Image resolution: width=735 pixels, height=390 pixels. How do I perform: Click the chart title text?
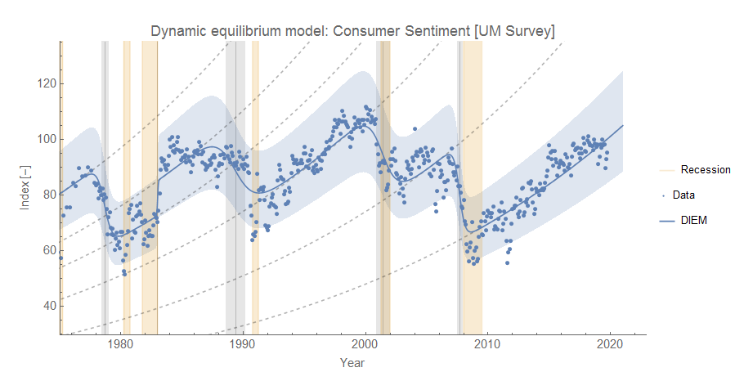pos(352,31)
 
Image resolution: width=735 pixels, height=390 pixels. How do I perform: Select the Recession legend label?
pos(706,169)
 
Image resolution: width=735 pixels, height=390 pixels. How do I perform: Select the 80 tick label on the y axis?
pos(46,195)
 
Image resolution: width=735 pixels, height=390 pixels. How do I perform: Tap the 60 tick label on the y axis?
pos(46,250)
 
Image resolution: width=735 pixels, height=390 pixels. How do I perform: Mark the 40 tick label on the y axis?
pos(46,306)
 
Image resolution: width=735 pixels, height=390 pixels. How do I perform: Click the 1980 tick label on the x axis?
pos(120,344)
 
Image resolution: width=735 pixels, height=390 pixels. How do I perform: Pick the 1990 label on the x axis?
pos(243,344)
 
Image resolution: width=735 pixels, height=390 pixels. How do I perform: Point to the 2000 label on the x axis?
pos(365,344)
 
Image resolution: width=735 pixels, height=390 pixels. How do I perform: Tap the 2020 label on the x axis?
pos(610,344)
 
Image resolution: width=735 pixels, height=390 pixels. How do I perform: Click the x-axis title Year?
pos(352,362)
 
